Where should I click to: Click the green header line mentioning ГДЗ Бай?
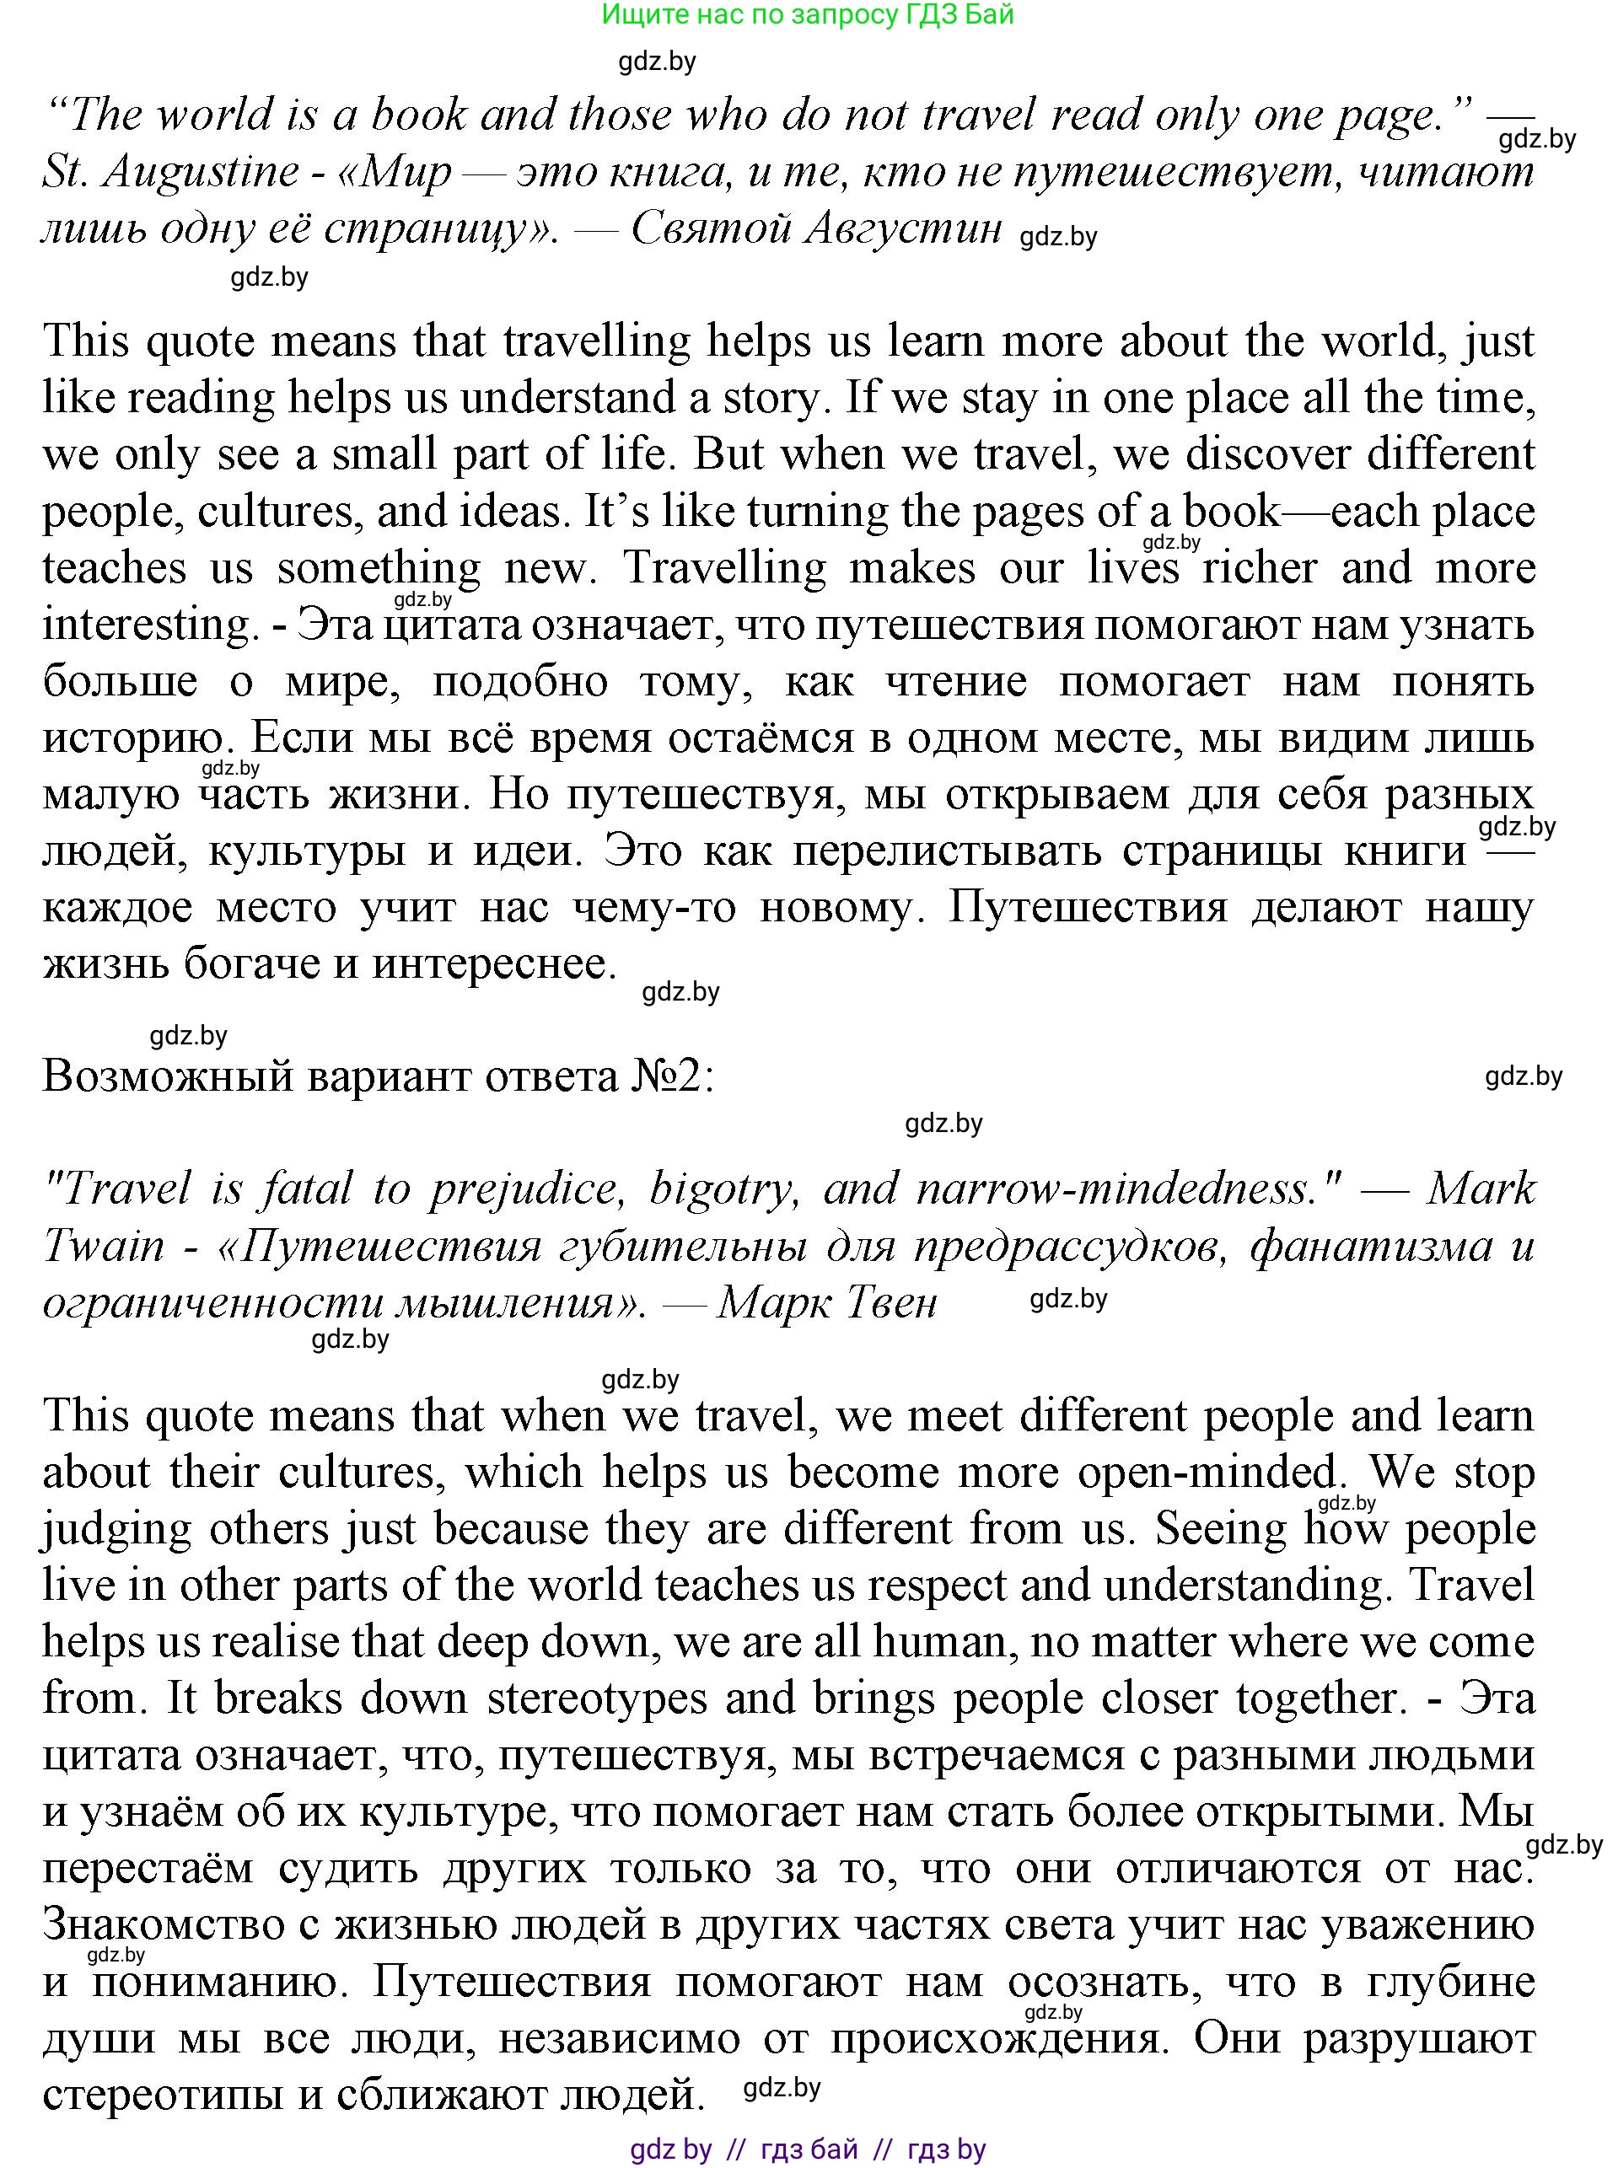point(807,14)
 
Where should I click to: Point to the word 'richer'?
point(1260,569)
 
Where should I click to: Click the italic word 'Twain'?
point(104,1247)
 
